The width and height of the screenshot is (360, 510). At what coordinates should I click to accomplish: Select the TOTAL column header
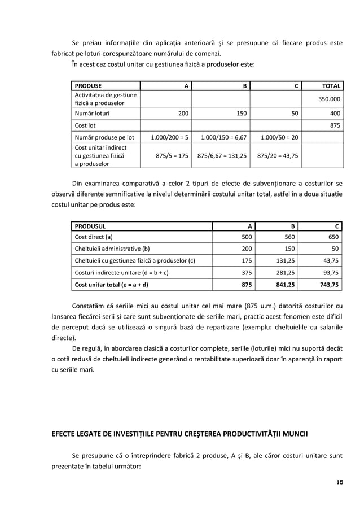(x=331, y=86)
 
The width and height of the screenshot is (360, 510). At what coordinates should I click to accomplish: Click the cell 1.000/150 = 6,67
(x=224, y=137)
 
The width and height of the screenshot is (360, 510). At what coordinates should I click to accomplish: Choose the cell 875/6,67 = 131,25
(x=223, y=156)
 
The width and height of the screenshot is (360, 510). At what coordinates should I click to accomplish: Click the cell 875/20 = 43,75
(x=278, y=156)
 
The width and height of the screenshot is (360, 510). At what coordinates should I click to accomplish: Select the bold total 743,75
(x=330, y=285)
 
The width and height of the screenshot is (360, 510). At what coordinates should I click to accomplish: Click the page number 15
(x=340, y=482)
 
